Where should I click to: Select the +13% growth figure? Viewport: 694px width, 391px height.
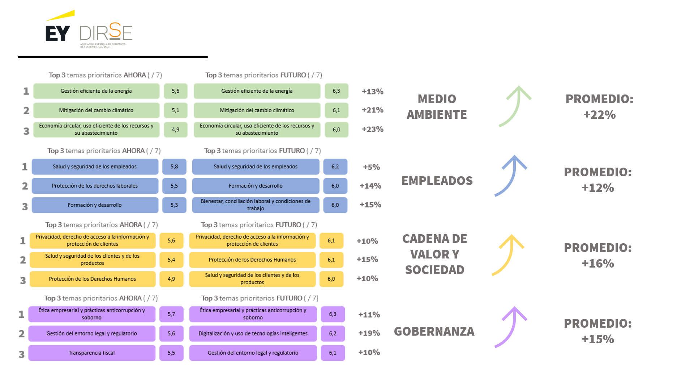pos(372,92)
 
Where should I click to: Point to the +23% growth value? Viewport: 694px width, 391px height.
pos(372,129)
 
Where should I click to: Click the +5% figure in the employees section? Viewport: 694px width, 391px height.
pos(371,167)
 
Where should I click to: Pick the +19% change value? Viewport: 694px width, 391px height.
pos(369,333)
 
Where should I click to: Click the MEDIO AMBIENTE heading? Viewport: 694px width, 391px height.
pos(437,107)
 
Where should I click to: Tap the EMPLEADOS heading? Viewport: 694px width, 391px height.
pos(437,181)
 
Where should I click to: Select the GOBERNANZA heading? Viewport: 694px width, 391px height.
pos(434,331)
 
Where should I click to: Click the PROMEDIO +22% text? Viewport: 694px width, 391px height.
pos(599,107)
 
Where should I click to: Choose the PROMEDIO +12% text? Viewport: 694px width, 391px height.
pos(598,180)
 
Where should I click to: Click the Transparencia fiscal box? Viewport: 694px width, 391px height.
pos(92,353)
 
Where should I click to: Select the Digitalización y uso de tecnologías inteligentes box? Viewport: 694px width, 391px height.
pos(253,333)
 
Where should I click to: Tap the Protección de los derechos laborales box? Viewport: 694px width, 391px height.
pos(95,186)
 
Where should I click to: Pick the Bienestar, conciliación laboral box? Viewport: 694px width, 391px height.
pos(256,205)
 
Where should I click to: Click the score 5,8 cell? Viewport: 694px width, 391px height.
pos(174,167)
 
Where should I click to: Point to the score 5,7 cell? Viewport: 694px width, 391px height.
pos(171,314)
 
